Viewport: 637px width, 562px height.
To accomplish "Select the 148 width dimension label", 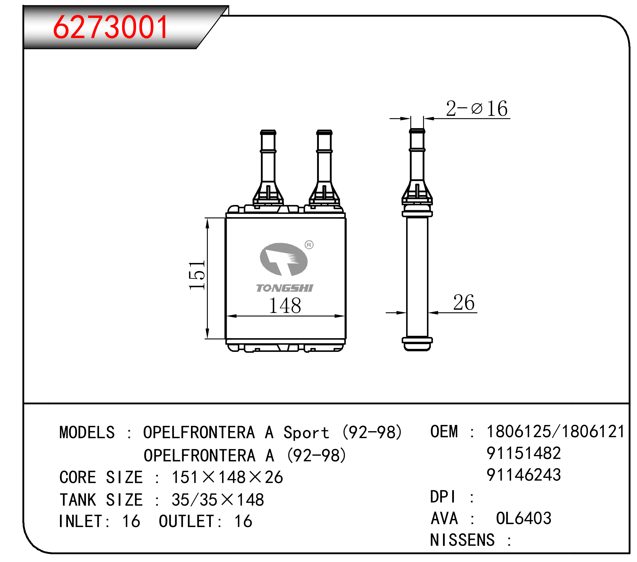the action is click(285, 306).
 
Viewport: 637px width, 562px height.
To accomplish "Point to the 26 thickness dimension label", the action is click(464, 302).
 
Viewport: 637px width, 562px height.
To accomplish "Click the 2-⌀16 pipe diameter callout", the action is click(477, 109).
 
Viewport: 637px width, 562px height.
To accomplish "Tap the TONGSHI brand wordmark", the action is click(284, 288).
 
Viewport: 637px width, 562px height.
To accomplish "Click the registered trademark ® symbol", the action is click(309, 245).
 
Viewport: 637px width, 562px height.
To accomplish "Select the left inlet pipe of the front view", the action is click(268, 168).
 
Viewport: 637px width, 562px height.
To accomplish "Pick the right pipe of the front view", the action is click(324, 168).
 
